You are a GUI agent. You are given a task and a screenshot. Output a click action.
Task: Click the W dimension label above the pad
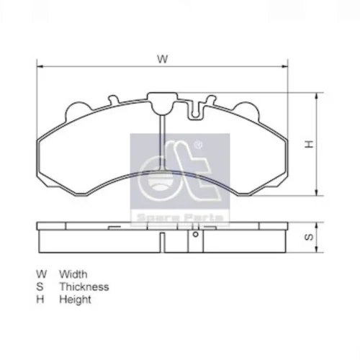163,59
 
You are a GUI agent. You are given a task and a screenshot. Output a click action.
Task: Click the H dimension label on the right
310,144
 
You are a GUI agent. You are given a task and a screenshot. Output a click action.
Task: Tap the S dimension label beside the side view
309,237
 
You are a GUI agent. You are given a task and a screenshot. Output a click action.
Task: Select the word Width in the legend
73,274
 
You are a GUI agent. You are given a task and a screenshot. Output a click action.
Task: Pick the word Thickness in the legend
84,287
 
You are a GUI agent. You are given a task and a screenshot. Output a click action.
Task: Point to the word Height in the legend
75,300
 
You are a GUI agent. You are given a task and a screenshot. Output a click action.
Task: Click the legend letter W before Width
42,274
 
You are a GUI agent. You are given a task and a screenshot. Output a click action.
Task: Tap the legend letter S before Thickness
40,287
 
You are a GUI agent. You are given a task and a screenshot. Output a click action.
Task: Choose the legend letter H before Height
40,300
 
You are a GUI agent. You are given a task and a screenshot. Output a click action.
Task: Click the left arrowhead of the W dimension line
40,66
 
